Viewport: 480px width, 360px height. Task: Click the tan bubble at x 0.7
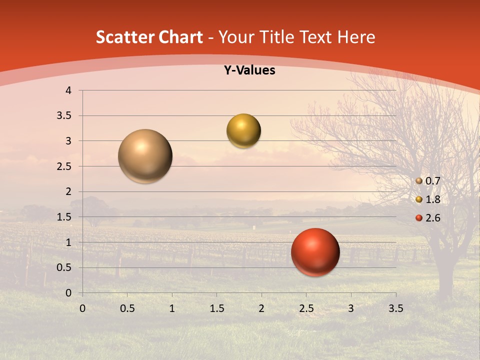click(x=145, y=156)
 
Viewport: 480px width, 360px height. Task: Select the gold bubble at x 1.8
click(x=243, y=131)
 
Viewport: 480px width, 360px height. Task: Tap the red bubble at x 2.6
click(x=315, y=252)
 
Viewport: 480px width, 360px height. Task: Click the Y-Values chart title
click(x=249, y=70)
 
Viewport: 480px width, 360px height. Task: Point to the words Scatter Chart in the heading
click(x=149, y=37)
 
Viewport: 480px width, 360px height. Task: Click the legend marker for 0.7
click(x=419, y=181)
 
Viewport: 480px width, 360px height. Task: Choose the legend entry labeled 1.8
click(x=432, y=199)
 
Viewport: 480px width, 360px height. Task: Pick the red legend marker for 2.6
click(x=419, y=218)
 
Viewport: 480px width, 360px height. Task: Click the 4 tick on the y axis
click(x=68, y=90)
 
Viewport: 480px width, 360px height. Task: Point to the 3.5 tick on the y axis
click(x=64, y=115)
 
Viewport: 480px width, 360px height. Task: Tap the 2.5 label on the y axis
click(x=64, y=166)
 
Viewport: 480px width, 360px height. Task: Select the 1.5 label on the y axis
click(x=64, y=217)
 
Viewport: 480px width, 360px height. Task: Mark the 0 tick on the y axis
click(x=68, y=293)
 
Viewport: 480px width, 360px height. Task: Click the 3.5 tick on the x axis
click(x=395, y=308)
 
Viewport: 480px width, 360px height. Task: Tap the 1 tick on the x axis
click(x=172, y=308)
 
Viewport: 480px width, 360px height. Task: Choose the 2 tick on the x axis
click(x=261, y=308)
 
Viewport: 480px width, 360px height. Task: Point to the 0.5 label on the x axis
click(x=127, y=308)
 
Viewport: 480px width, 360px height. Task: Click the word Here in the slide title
click(x=356, y=37)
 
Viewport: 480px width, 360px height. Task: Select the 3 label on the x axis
click(x=351, y=308)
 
